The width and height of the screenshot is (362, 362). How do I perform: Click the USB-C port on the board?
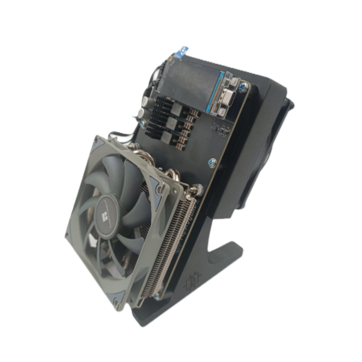click(x=227, y=97)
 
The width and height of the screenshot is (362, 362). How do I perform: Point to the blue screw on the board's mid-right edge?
click(x=212, y=162)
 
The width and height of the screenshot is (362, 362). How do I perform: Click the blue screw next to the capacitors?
click(x=142, y=124)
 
